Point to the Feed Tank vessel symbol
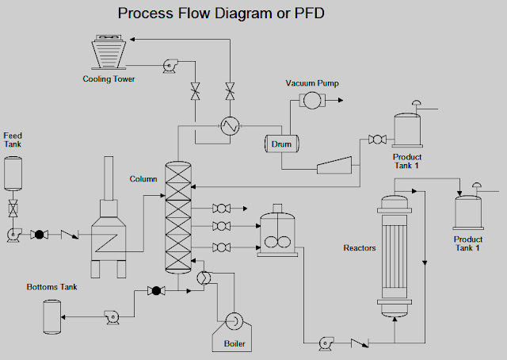[13, 172]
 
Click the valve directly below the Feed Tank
[13, 210]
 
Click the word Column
[143, 179]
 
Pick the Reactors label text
[359, 248]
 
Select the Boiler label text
[235, 343]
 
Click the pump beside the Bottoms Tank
[111, 316]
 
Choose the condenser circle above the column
[231, 125]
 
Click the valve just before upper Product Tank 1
[377, 140]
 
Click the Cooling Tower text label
[109, 79]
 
